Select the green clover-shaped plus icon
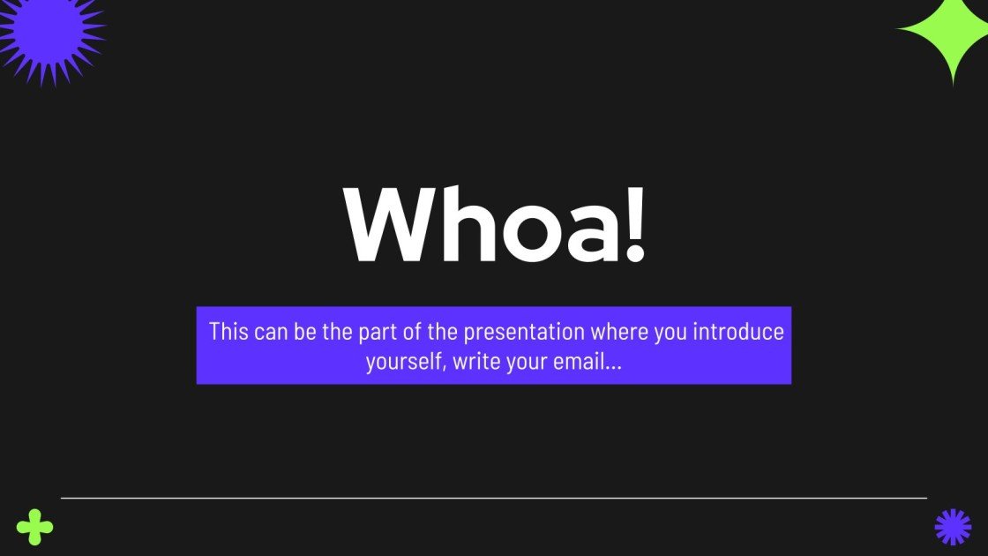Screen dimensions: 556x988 (34, 527)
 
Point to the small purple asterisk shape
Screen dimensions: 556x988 (953, 527)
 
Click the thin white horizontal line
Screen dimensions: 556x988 (494, 498)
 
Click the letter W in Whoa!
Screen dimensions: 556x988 (388, 225)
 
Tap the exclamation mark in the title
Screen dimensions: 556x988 (635, 225)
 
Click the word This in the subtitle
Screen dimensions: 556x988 (228, 333)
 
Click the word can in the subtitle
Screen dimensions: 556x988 (270, 334)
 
